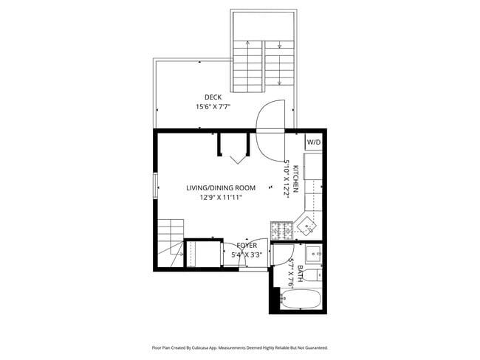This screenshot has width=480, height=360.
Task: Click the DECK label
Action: (213, 97)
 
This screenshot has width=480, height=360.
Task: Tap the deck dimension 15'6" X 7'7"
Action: (213, 107)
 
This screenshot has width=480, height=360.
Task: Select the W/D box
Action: (314, 142)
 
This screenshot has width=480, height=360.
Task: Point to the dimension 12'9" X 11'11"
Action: (221, 198)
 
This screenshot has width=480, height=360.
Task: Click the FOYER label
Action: (247, 245)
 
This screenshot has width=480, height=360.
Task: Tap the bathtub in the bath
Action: (301, 300)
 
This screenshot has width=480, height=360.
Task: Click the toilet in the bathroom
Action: (313, 276)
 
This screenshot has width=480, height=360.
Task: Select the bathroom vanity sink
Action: (313, 254)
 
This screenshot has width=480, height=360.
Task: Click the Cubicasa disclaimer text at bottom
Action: (239, 347)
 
